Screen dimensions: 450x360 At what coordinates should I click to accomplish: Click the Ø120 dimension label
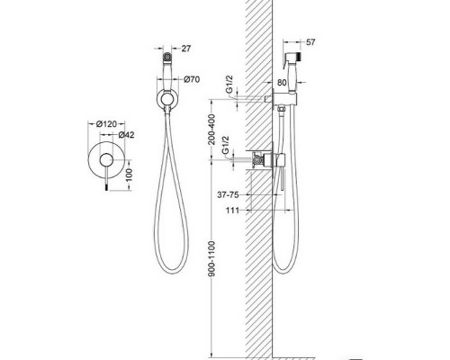[x=106, y=123]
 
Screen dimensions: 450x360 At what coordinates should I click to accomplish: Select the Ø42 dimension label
[x=126, y=135]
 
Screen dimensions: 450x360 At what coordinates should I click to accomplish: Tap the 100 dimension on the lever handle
[x=129, y=175]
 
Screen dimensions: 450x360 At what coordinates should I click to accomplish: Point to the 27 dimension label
[x=186, y=49]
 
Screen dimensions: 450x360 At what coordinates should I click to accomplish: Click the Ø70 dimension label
[x=192, y=79]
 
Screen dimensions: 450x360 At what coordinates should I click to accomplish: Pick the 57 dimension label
[x=310, y=42]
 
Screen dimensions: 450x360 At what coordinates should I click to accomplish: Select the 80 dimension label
[x=282, y=83]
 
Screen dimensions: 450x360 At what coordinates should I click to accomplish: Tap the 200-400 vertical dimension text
[x=211, y=130]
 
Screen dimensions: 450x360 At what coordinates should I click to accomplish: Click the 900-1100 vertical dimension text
[x=211, y=258]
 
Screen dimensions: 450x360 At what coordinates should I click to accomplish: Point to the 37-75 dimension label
[x=228, y=195]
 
